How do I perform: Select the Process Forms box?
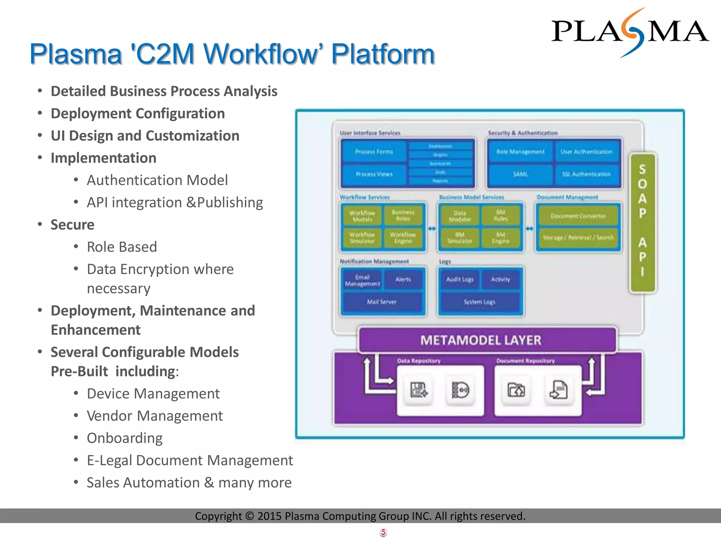tap(374, 152)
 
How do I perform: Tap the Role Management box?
tap(520, 152)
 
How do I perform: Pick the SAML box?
tap(520, 174)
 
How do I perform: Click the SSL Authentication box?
tap(586, 174)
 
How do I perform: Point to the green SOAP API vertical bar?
tap(642, 222)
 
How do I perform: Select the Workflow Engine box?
tap(403, 238)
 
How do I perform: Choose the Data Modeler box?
tap(459, 216)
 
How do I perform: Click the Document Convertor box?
tap(578, 216)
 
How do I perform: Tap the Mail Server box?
tap(382, 302)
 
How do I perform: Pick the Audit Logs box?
tap(460, 279)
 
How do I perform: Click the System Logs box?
tap(479, 302)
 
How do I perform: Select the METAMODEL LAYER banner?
tap(488, 340)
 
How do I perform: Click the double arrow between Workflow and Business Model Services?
tap(432, 229)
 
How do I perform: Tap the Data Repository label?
tap(419, 361)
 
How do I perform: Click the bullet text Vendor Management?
tap(155, 416)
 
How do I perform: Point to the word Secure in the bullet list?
tap(73, 225)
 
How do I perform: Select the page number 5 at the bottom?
tap(383, 532)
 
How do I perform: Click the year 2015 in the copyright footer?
tap(269, 516)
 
